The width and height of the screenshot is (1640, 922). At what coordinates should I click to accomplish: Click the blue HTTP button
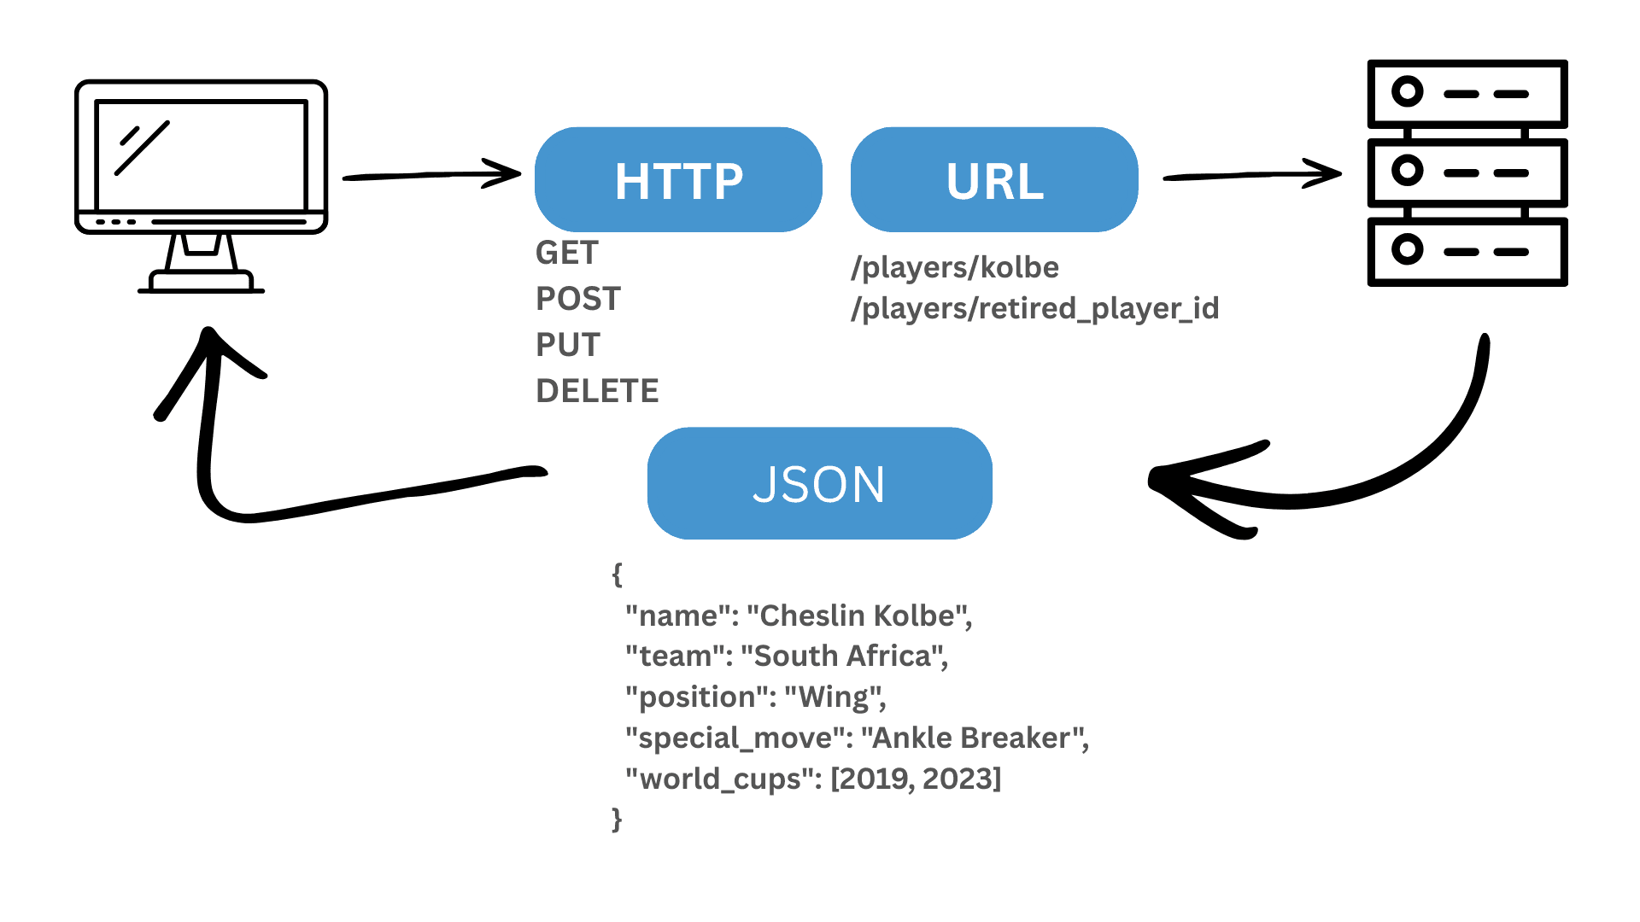[678, 180]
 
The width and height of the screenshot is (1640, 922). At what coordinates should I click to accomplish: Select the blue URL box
[994, 180]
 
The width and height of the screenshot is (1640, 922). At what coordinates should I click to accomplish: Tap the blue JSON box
[819, 484]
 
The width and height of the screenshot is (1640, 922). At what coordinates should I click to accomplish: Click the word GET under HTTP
[566, 253]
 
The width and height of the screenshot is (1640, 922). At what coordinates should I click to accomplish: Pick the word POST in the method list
[577, 299]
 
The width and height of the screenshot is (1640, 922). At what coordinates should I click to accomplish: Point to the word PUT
[567, 345]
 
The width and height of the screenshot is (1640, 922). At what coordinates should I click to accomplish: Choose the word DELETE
[597, 391]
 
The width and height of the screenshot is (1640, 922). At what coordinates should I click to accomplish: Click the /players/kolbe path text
[954, 267]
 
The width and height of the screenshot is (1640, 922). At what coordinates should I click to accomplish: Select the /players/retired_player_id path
[1034, 308]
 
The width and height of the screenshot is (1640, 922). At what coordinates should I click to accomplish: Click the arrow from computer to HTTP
[431, 175]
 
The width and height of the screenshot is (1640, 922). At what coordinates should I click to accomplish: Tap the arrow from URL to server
[1251, 175]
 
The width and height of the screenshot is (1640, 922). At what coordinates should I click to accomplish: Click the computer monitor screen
[201, 155]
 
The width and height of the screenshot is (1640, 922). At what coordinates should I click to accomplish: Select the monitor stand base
[201, 282]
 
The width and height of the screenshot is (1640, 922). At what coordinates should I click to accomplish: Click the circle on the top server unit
[1407, 91]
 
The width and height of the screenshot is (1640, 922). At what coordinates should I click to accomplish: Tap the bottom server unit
[1467, 252]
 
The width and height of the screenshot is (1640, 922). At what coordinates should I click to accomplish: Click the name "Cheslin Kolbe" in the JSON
[857, 616]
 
